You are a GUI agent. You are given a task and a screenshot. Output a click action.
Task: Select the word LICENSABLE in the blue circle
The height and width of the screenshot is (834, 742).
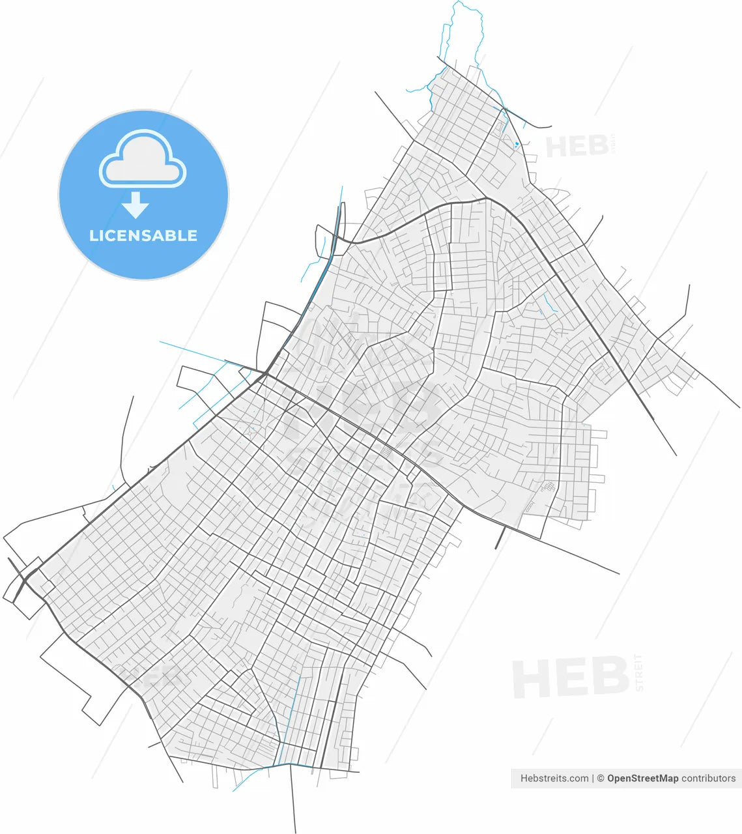(x=143, y=235)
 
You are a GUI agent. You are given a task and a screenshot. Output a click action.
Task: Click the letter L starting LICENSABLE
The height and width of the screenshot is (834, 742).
(x=93, y=235)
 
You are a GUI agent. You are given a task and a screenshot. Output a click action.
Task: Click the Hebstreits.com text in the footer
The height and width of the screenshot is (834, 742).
(x=554, y=778)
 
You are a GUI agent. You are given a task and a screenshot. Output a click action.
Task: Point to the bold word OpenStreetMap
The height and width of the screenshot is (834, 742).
(x=642, y=778)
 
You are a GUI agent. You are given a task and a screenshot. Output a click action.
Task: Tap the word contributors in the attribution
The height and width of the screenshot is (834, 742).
(x=709, y=778)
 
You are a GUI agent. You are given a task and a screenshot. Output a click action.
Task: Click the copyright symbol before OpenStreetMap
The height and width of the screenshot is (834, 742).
(x=601, y=778)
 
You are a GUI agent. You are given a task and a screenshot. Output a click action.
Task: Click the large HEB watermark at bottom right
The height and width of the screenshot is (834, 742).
(x=571, y=678)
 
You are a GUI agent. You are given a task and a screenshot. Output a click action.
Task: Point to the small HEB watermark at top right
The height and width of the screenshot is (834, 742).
(x=577, y=147)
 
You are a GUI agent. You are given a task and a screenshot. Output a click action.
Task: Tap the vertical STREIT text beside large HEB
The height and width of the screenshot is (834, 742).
(x=639, y=672)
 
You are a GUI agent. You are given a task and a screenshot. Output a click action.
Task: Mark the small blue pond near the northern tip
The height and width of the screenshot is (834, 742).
(x=516, y=144)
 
